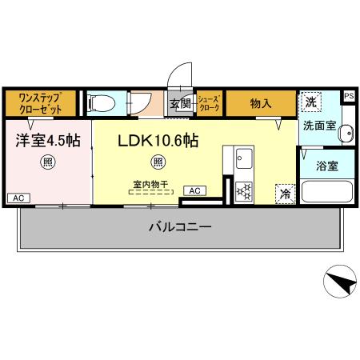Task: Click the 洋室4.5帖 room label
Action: coord(48,140)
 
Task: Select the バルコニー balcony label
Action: coord(180,227)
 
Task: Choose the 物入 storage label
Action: coord(261,103)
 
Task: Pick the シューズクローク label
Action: coord(209,103)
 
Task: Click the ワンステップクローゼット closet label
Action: coord(41,103)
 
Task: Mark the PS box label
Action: coord(349,96)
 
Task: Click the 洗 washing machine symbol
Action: coord(310,102)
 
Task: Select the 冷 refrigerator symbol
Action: coord(284,193)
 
